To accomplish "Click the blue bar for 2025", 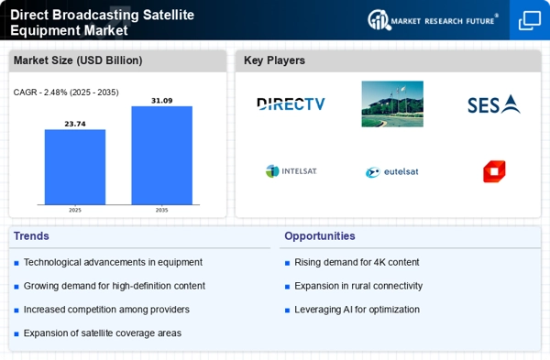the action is pyautogui.click(x=75, y=167).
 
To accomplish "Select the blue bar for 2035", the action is pyautogui.click(x=161, y=156).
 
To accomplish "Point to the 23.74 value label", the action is pyautogui.click(x=75, y=124).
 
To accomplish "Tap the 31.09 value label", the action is pyautogui.click(x=161, y=101).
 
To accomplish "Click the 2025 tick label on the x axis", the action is pyautogui.click(x=75, y=210).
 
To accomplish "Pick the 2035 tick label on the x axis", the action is pyautogui.click(x=161, y=210).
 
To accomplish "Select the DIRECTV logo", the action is pyautogui.click(x=291, y=104).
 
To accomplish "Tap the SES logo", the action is pyautogui.click(x=494, y=104).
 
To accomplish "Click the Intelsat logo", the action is pyautogui.click(x=291, y=171).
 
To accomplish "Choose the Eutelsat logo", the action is pyautogui.click(x=391, y=172).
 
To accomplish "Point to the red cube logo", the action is pyautogui.click(x=494, y=171).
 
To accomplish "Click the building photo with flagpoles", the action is pyautogui.click(x=392, y=104).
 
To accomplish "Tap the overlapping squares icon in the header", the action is pyautogui.click(x=530, y=21).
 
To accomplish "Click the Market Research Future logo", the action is pyautogui.click(x=433, y=20).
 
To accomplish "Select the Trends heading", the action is pyautogui.click(x=31, y=236).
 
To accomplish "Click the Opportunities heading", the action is pyautogui.click(x=320, y=236).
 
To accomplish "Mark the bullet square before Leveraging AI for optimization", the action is pyautogui.click(x=287, y=311).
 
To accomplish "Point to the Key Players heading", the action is pyautogui.click(x=274, y=60).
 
